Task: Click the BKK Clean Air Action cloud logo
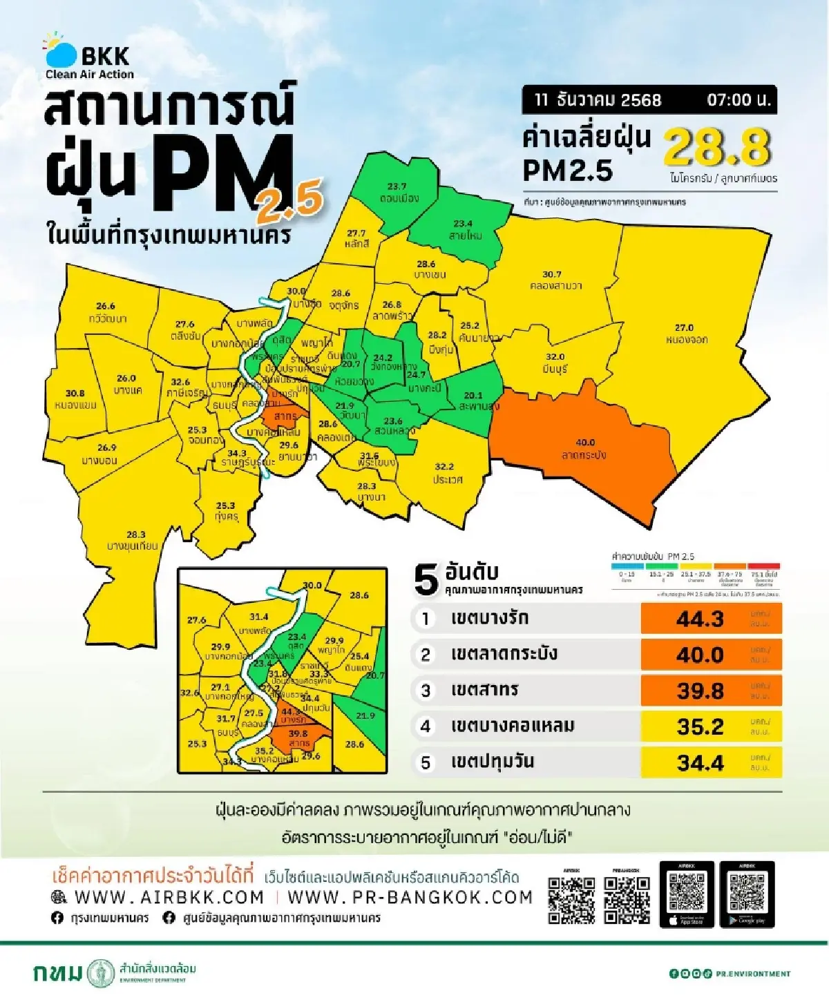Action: tap(61, 52)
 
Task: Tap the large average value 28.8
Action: tap(716, 147)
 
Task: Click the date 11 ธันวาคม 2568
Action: tap(598, 99)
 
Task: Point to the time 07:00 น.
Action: tap(738, 99)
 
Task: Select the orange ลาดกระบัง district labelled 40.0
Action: tap(584, 449)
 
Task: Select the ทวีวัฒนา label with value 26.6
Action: tap(106, 312)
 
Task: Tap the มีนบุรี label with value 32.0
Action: tap(555, 363)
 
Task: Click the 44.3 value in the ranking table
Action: tap(700, 619)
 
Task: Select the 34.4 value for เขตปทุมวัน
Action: tap(700, 762)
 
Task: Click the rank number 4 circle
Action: tap(426, 726)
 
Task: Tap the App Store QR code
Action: tap(687, 893)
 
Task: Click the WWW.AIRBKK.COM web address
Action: tap(169, 897)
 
